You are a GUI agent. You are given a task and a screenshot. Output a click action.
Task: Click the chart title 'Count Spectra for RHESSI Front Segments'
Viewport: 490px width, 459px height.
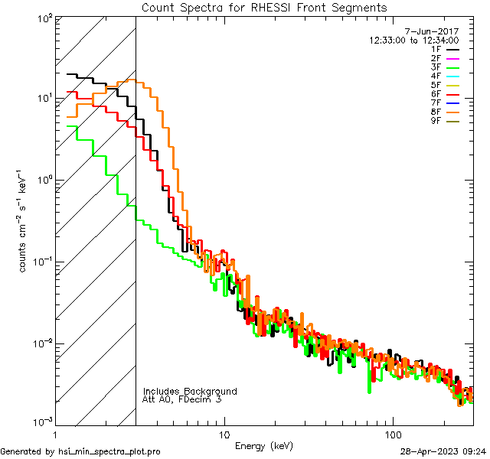coord(264,8)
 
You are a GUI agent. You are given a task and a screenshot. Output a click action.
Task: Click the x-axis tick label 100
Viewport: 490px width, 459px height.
coord(393,432)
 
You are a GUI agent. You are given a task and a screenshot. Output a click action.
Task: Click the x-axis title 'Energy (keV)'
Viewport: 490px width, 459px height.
coord(264,445)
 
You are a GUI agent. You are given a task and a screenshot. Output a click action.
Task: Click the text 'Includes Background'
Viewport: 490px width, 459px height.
coord(190,391)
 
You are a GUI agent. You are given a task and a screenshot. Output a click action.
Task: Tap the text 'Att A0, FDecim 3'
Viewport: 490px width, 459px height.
coord(182,399)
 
